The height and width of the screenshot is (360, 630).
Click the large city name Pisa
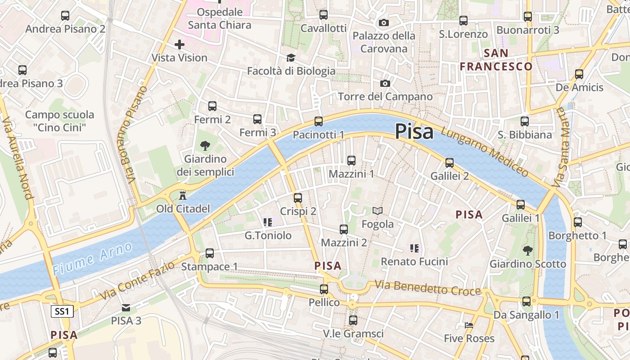(x=414, y=132)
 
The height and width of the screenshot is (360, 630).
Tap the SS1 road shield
(x=62, y=311)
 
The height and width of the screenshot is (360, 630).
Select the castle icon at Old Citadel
(x=183, y=196)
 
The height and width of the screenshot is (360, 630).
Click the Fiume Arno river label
(x=92, y=258)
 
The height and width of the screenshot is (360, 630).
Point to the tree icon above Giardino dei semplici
(x=205, y=146)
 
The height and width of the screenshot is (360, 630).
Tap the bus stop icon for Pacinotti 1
(x=319, y=121)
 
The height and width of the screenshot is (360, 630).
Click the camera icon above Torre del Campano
(x=385, y=83)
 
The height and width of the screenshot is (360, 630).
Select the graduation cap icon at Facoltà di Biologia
(x=291, y=58)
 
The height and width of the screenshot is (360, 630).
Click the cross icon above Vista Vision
(x=179, y=44)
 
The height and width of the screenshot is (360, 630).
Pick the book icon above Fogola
(x=378, y=211)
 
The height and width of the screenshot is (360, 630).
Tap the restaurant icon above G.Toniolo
(x=268, y=222)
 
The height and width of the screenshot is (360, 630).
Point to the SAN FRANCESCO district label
(x=496, y=60)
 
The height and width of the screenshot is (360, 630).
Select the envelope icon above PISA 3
(x=126, y=308)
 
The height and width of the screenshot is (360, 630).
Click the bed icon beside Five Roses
(x=469, y=325)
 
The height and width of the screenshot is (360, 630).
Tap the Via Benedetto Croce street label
(x=427, y=288)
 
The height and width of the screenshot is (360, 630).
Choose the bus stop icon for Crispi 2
(x=298, y=198)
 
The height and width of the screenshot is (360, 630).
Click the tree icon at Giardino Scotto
(x=527, y=251)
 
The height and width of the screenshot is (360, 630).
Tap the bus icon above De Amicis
(x=579, y=74)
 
